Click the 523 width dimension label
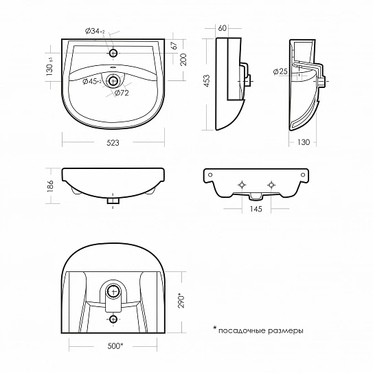113,143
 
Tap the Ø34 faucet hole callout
95,31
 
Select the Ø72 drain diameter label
122,93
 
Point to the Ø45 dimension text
92,82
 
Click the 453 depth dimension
207,81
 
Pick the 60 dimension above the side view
222,28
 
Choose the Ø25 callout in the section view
280,71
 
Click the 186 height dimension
50,185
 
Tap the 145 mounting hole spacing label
256,209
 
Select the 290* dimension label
181,302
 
